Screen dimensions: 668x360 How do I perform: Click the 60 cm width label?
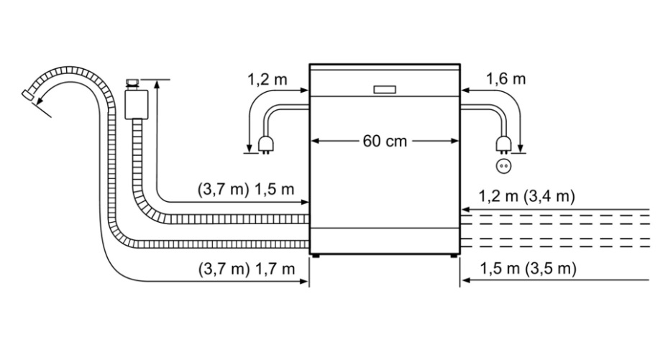tap(385, 142)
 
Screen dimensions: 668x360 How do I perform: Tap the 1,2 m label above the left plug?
tap(267, 79)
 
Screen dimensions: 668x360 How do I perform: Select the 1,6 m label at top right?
tap(505, 79)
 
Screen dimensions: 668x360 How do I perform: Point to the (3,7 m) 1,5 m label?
tap(246, 189)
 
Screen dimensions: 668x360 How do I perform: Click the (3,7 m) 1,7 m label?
tap(246, 269)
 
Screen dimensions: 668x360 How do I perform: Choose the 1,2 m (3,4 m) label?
tap(526, 196)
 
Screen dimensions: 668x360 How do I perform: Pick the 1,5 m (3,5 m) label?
tap(528, 269)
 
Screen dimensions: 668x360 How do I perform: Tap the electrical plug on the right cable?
tap(503, 144)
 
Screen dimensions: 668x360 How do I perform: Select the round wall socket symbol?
tap(503, 166)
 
